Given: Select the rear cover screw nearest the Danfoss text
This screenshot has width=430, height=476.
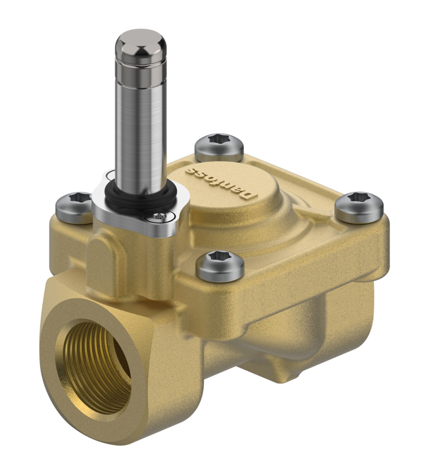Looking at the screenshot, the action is pos(219,148).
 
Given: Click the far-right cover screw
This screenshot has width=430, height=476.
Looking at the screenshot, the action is pos(359,207).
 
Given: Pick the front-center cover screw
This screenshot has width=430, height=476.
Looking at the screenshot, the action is pos(220,266).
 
